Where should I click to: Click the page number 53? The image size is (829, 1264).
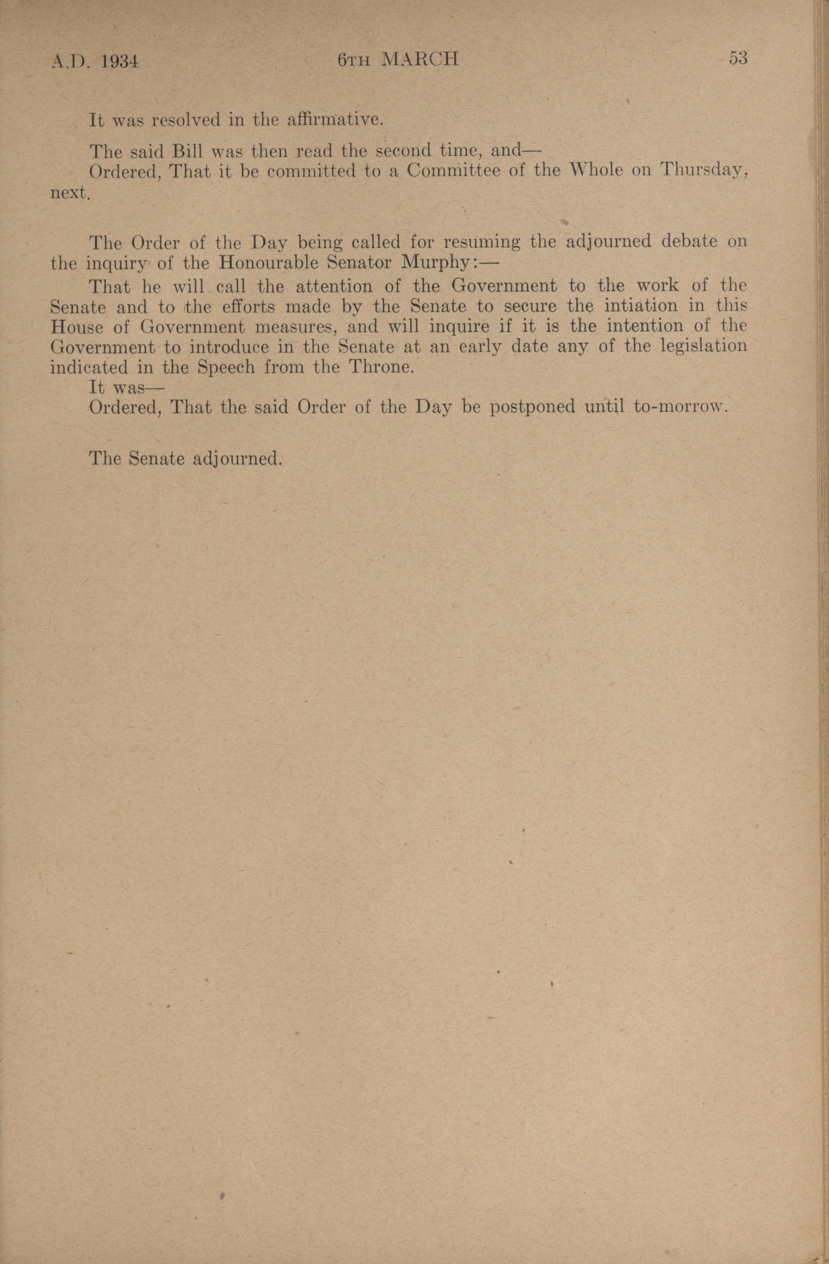click(738, 58)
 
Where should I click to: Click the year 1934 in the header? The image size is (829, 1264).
click(119, 62)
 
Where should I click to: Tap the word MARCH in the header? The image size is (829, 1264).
click(420, 59)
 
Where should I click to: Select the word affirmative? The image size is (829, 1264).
click(334, 119)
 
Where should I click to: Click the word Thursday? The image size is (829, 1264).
click(704, 170)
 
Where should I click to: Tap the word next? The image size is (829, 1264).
click(70, 192)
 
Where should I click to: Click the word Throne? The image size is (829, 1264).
click(380, 367)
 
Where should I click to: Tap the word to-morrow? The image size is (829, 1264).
click(679, 407)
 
